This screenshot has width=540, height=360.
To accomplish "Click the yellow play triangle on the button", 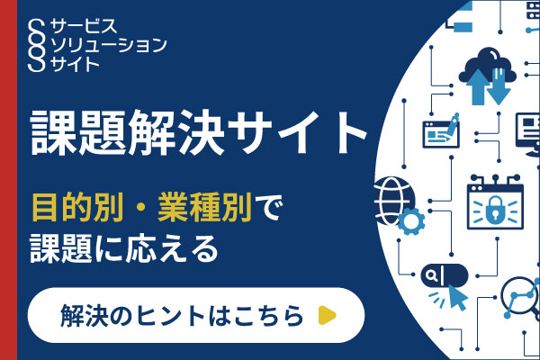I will tap(328, 315).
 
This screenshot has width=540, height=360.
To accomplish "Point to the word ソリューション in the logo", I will tap(109, 44).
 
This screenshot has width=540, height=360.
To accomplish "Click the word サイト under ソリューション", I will tap(77, 62).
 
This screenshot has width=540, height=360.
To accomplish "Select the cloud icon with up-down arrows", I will tap(487, 74).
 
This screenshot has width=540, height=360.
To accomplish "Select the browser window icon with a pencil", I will tap(443, 131).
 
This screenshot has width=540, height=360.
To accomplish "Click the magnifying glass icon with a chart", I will tap(520, 292).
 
